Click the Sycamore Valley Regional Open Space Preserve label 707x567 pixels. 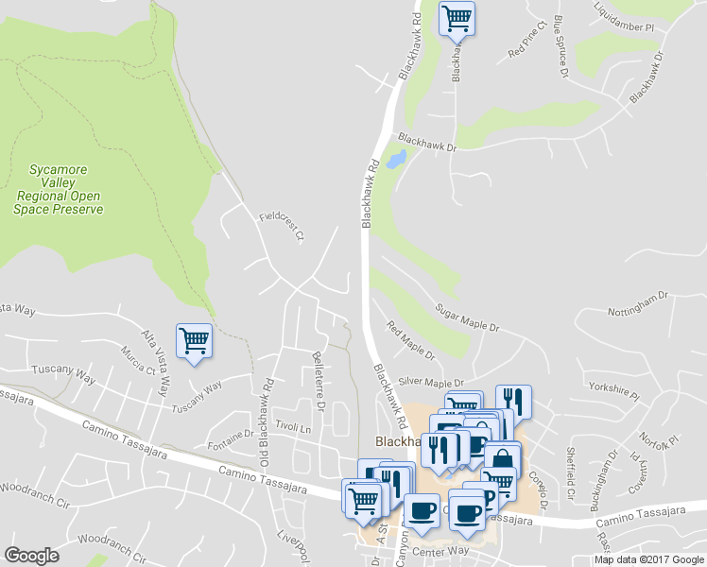pyautogui.click(x=58, y=189)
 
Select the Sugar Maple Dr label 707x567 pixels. pyautogui.click(x=466, y=318)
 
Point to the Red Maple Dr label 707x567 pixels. pyautogui.click(x=410, y=341)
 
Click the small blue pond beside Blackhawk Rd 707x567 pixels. pyautogui.click(x=396, y=159)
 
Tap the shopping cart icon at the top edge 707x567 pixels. pyautogui.click(x=457, y=18)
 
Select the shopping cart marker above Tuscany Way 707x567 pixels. pyautogui.click(x=194, y=340)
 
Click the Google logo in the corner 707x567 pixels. pyautogui.click(x=31, y=556)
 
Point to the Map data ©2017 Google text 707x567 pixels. pyautogui.click(x=648, y=559)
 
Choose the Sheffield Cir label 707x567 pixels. pyautogui.click(x=570, y=473)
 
